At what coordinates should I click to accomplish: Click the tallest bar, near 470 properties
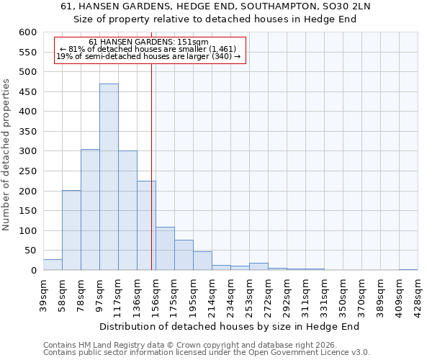click(x=109, y=177)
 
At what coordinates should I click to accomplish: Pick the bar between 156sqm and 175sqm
click(x=165, y=248)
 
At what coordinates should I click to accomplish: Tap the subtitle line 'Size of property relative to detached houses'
click(x=215, y=19)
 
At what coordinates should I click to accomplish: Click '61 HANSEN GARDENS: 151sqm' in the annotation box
click(x=148, y=42)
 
